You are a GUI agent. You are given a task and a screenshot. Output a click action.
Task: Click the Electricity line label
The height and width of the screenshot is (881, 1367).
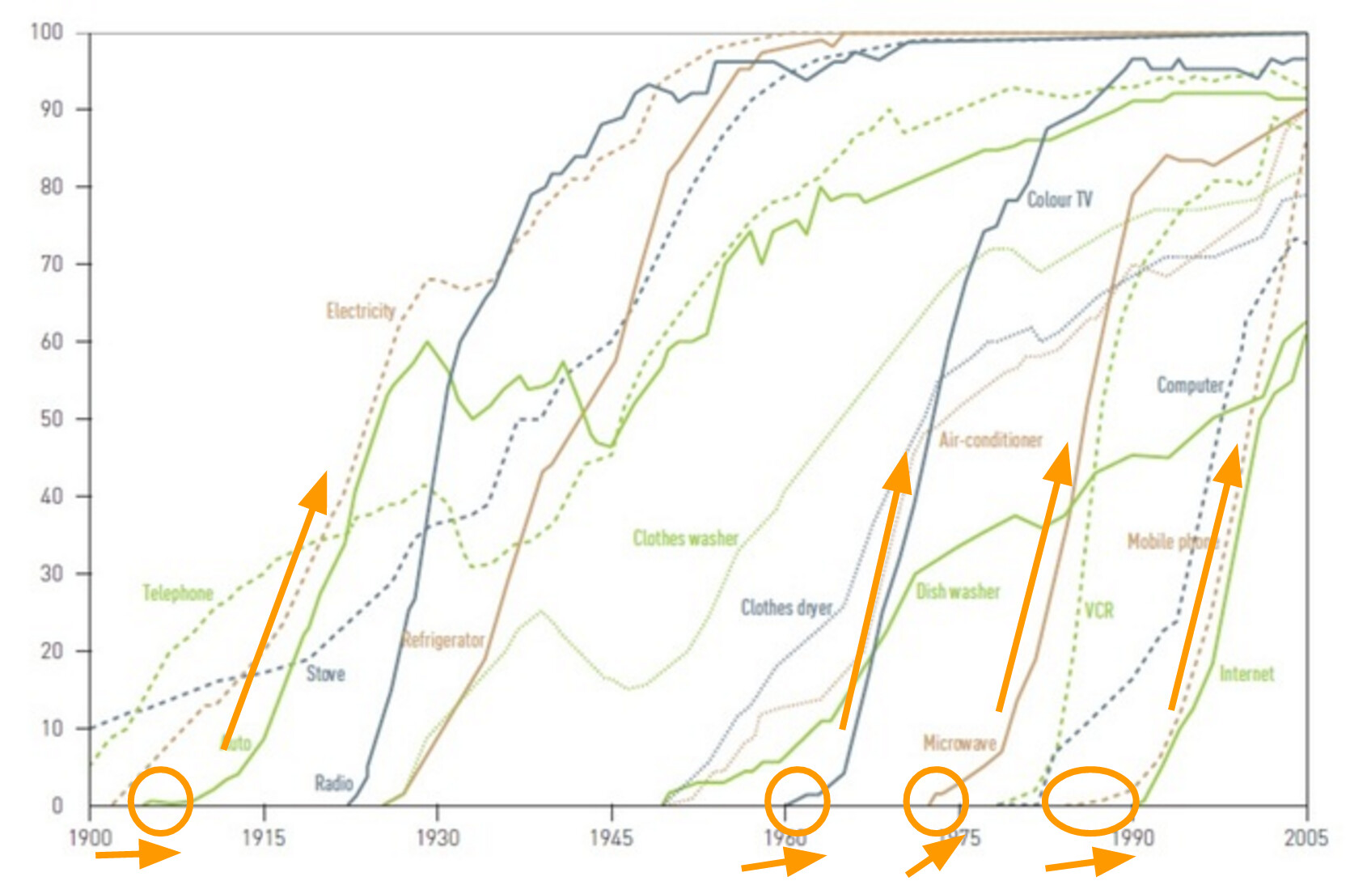click(361, 311)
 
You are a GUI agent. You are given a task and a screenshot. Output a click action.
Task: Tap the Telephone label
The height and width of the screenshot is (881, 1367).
click(178, 593)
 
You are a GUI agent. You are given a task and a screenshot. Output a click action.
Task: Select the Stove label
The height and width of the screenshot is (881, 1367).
click(325, 674)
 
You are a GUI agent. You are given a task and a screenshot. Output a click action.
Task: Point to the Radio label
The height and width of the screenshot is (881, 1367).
click(334, 782)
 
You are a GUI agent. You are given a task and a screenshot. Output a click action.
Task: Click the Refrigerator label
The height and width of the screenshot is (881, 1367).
click(443, 640)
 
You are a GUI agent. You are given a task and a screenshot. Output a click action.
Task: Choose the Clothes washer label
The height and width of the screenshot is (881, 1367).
click(685, 538)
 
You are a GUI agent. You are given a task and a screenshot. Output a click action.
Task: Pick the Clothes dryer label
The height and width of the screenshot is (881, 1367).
click(786, 608)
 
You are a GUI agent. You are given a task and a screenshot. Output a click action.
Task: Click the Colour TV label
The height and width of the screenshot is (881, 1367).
click(1060, 199)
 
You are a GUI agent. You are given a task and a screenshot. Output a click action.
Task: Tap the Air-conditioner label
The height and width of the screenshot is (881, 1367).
click(991, 440)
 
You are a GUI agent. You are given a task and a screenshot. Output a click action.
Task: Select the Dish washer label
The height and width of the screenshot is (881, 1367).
click(958, 591)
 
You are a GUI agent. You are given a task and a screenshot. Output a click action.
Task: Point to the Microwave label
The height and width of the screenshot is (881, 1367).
click(959, 743)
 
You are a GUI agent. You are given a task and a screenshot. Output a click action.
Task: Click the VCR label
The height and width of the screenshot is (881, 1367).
click(1098, 610)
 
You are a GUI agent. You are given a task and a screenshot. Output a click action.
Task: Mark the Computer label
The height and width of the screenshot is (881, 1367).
click(1190, 385)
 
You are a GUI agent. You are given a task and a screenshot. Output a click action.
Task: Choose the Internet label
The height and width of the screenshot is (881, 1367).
click(1246, 674)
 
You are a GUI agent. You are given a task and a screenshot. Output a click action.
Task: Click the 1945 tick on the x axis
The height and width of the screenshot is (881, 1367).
click(612, 837)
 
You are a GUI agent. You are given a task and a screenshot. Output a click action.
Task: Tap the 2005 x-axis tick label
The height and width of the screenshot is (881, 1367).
click(1306, 837)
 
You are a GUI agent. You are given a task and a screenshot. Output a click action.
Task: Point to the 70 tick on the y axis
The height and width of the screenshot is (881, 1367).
click(51, 264)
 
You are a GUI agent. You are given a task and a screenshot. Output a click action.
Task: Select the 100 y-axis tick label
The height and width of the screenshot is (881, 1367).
click(46, 32)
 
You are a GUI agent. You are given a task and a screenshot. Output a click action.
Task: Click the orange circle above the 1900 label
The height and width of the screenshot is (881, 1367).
click(161, 801)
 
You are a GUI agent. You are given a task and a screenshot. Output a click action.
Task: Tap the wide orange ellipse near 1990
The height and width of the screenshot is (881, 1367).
click(1090, 801)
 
